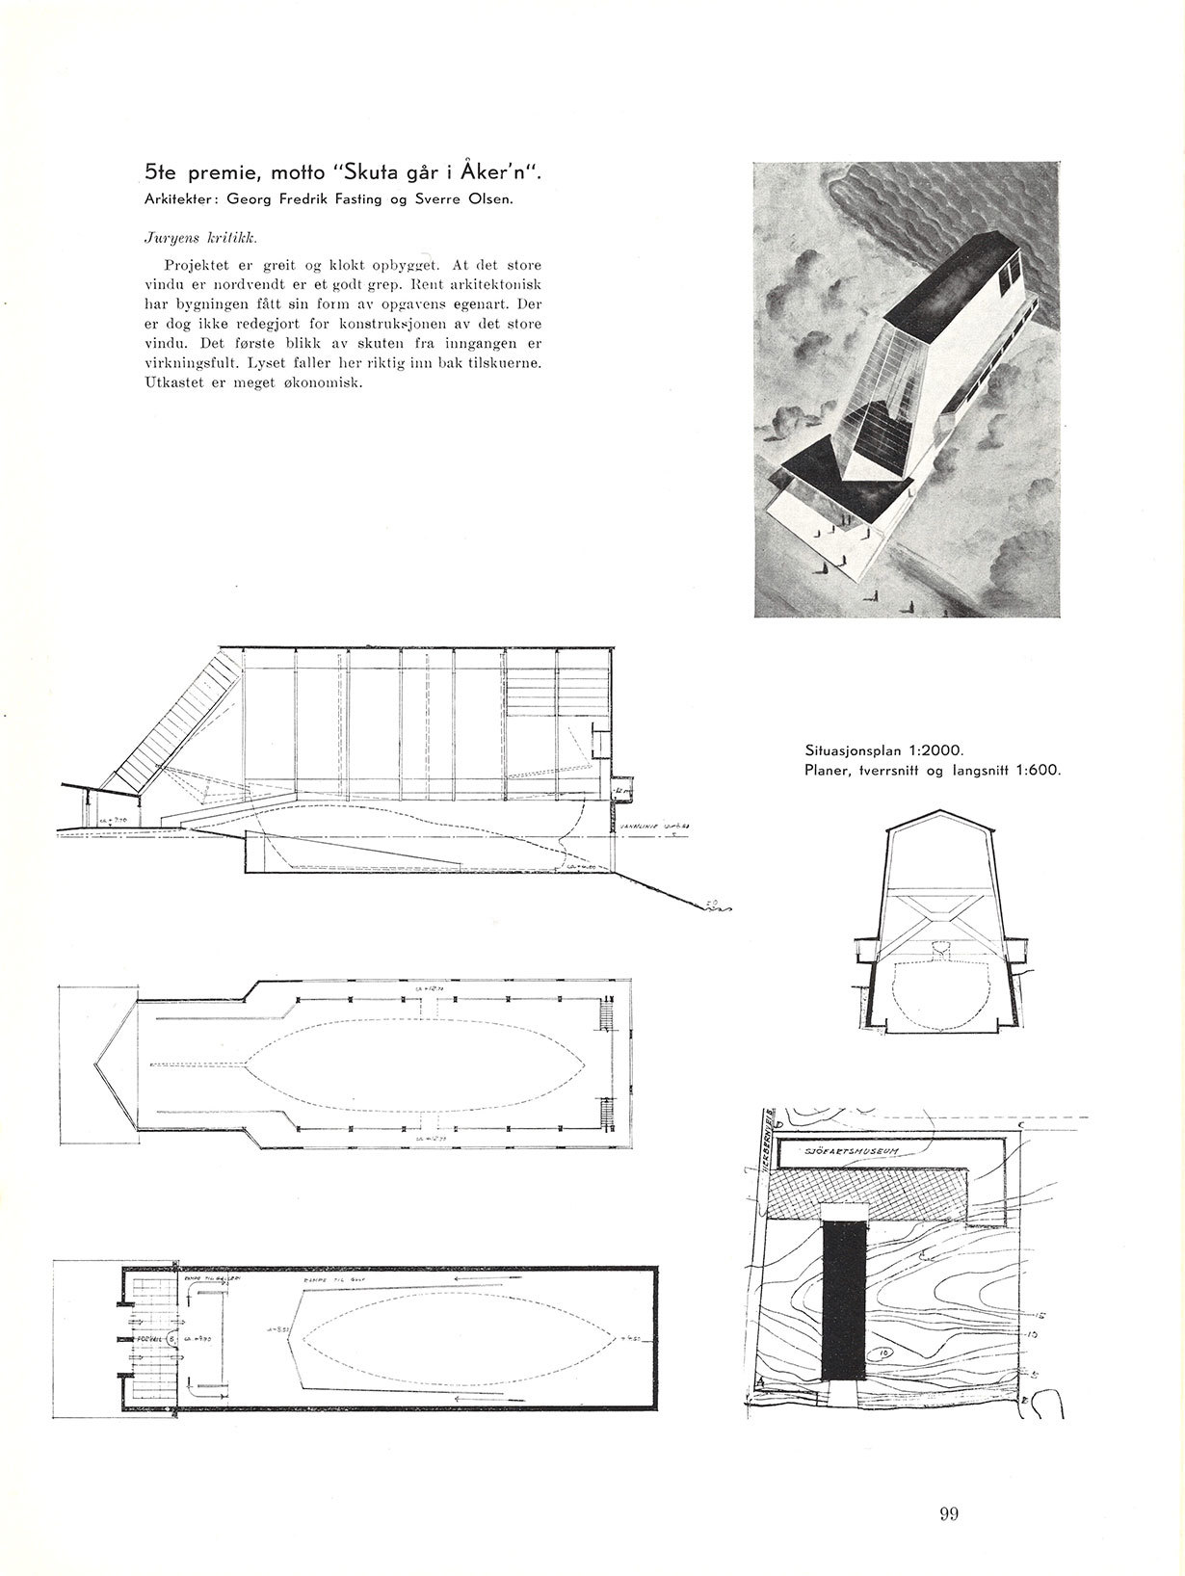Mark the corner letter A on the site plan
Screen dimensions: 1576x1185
click(760, 1383)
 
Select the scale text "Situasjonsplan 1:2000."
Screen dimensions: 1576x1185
click(877, 749)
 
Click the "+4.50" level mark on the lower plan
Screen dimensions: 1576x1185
click(632, 1338)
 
